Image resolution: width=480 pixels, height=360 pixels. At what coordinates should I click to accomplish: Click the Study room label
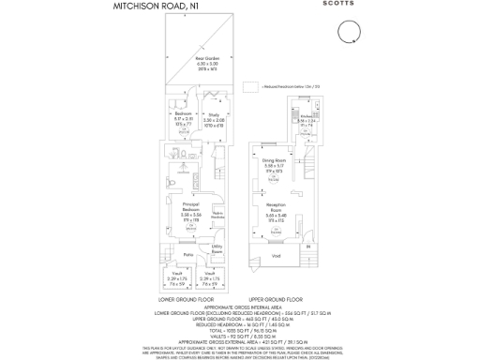pos(214,115)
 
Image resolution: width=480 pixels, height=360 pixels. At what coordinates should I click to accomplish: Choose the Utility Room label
pos(217,250)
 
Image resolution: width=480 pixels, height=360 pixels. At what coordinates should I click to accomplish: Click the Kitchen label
pos(306,116)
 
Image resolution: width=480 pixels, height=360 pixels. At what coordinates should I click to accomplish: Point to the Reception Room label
pos(275,210)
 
